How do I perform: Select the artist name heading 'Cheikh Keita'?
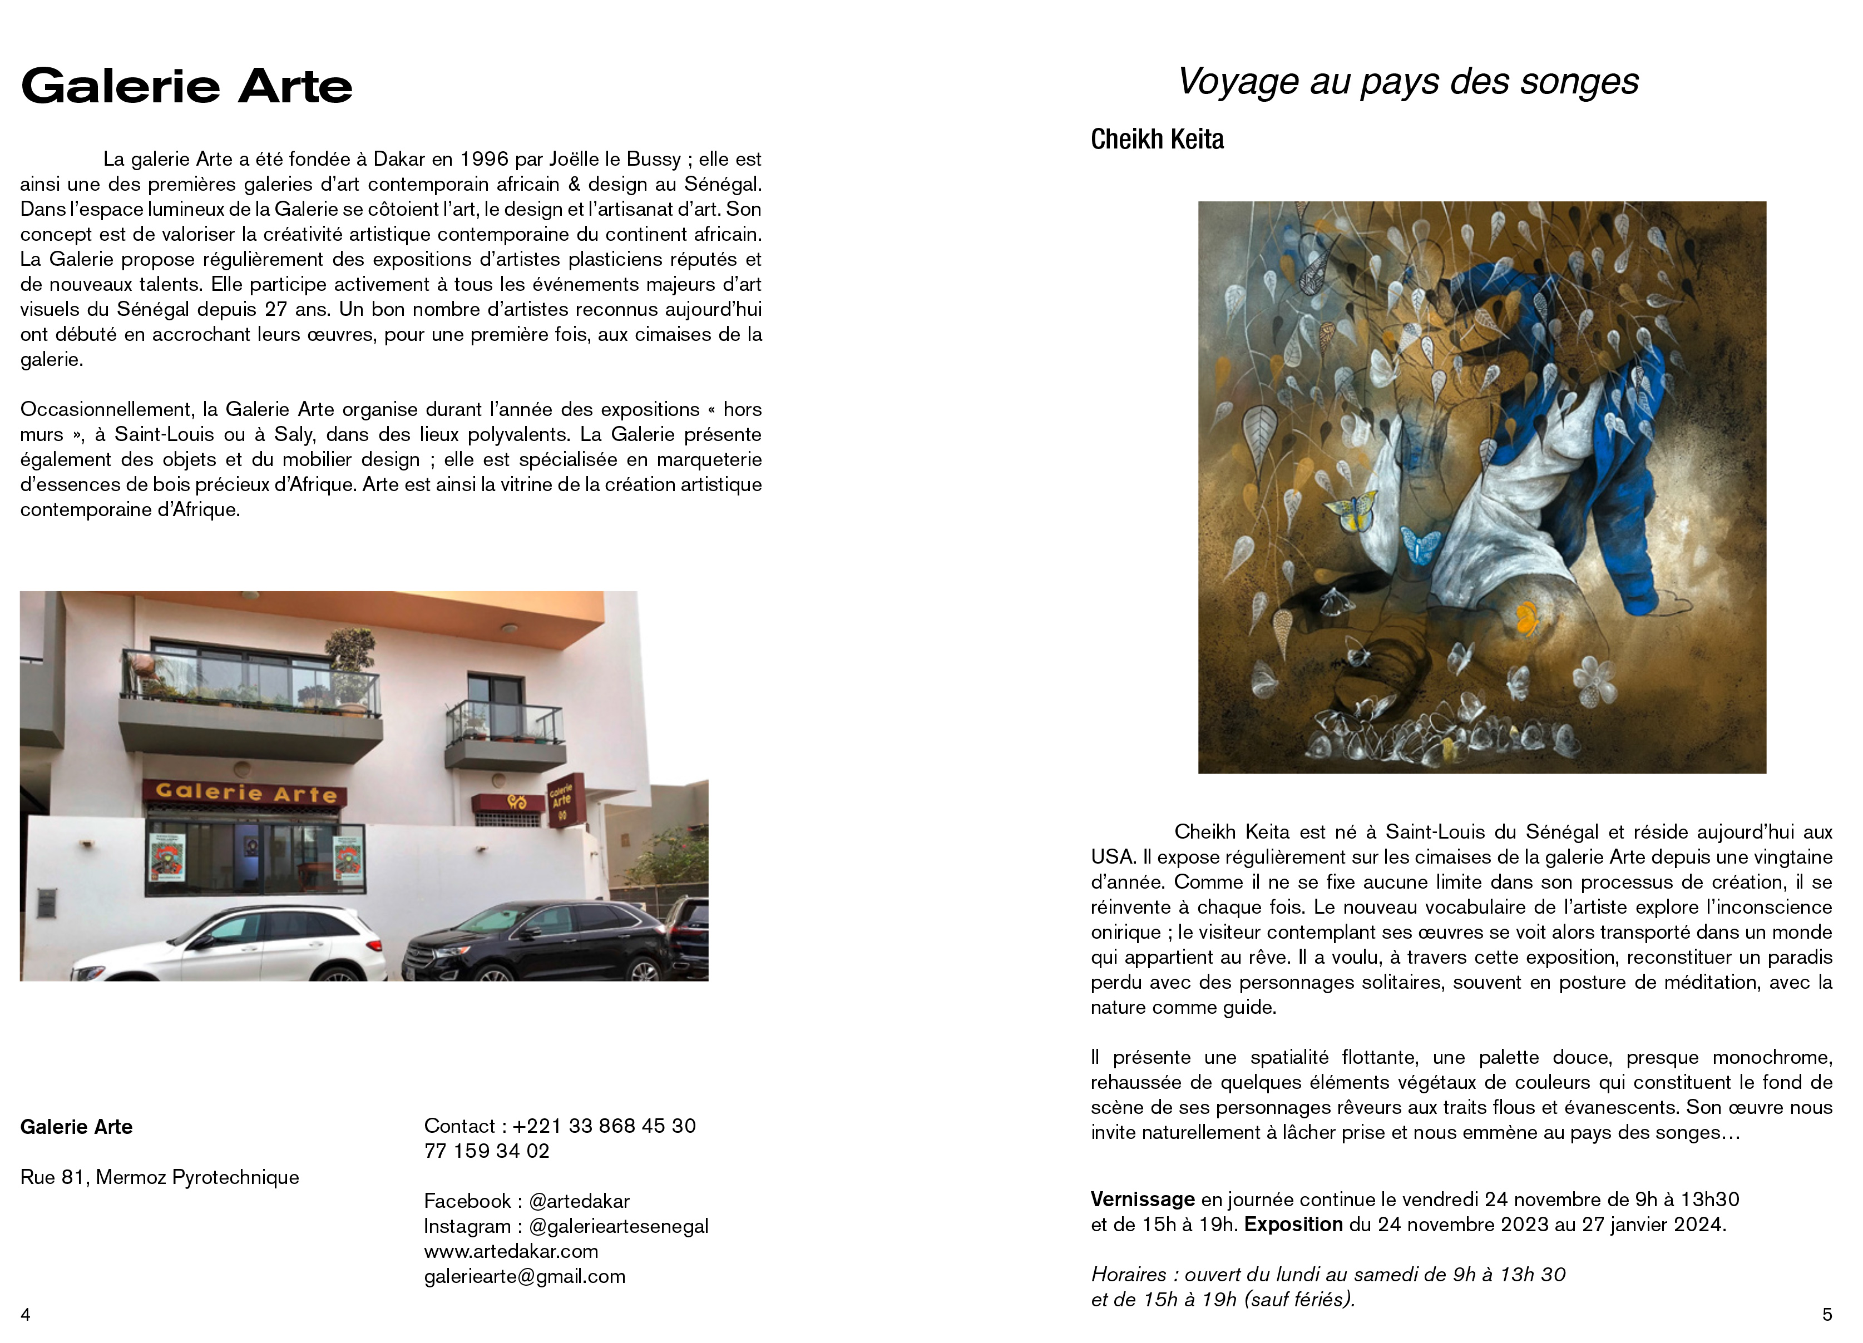[x=1157, y=140]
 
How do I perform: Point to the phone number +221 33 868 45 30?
[x=604, y=1126]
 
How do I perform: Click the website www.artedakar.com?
[x=511, y=1251]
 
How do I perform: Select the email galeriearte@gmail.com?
[x=524, y=1276]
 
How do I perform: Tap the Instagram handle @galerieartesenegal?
[x=619, y=1226]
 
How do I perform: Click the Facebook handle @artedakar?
[x=579, y=1201]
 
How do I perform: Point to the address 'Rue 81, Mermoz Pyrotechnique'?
[x=159, y=1177]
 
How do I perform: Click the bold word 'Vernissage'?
[x=1143, y=1200]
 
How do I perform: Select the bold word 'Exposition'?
[x=1293, y=1225]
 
